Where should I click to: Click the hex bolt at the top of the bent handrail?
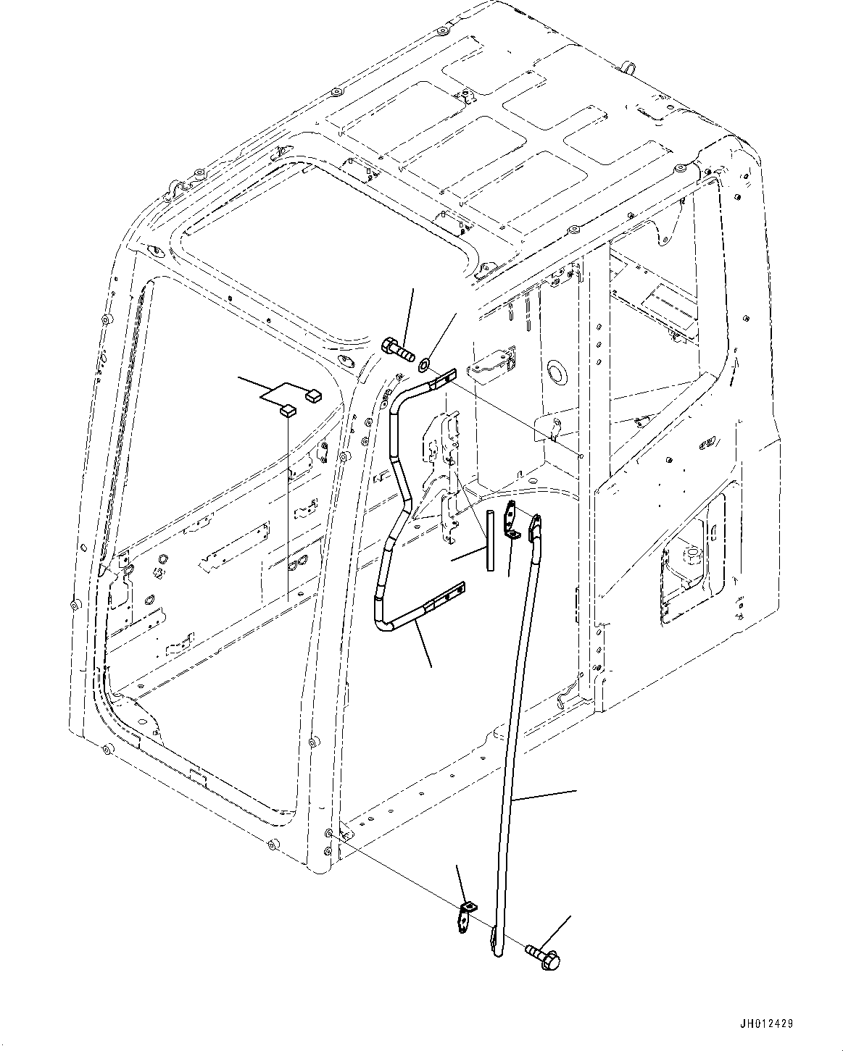(x=396, y=349)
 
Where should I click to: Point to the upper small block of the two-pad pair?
(x=314, y=395)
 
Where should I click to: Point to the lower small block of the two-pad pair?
(x=288, y=412)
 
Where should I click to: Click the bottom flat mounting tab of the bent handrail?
(x=445, y=598)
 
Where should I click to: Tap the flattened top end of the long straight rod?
(x=537, y=527)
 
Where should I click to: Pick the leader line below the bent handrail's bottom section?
(x=423, y=645)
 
